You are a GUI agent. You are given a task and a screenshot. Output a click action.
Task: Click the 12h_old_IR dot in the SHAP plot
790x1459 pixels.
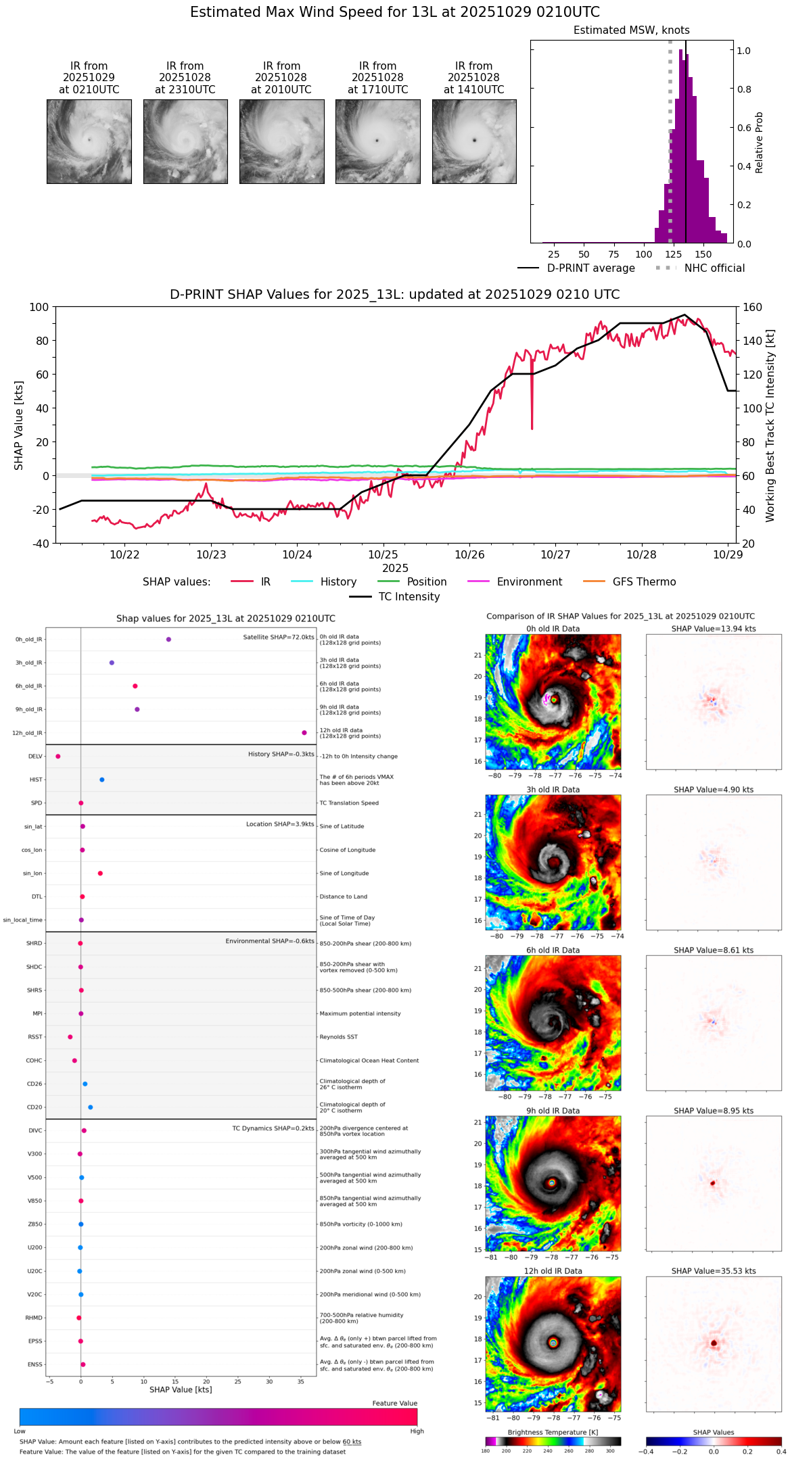pyautogui.click(x=304, y=732)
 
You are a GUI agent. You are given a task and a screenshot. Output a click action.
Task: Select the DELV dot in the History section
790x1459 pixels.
pyautogui.click(x=58, y=756)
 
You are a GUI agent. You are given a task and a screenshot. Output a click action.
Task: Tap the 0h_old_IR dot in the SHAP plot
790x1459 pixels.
pyautogui.click(x=168, y=639)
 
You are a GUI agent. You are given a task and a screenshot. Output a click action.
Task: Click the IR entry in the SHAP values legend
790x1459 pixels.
pyautogui.click(x=251, y=581)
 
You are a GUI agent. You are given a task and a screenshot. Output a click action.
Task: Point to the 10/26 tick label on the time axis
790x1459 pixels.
pyautogui.click(x=469, y=554)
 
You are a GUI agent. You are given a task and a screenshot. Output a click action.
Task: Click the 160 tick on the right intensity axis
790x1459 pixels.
pyautogui.click(x=753, y=307)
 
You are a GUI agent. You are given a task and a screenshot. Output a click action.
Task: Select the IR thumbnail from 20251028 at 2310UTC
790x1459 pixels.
pyautogui.click(x=185, y=141)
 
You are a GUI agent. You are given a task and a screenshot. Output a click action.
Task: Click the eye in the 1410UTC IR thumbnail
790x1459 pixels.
pyautogui.click(x=474, y=140)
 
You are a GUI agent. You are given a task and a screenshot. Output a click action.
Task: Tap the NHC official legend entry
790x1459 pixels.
pyautogui.click(x=700, y=268)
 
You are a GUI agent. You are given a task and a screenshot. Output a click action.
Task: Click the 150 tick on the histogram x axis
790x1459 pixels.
pyautogui.click(x=703, y=254)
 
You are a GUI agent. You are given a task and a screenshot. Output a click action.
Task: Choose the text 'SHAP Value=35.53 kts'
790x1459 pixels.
pyautogui.click(x=714, y=1270)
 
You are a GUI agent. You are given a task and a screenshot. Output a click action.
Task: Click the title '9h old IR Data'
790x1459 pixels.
pyautogui.click(x=553, y=1110)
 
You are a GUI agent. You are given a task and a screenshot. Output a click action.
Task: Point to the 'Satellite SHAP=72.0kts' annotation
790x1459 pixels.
pyautogui.click(x=279, y=637)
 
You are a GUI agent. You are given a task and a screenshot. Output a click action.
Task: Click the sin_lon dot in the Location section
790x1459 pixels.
pyautogui.click(x=100, y=873)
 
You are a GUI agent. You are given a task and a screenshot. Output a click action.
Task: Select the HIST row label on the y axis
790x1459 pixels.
pyautogui.click(x=36, y=780)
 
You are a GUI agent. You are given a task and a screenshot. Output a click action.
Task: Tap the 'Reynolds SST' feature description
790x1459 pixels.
pyautogui.click(x=338, y=1036)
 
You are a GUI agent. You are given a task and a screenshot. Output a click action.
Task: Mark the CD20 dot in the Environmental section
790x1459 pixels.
pyautogui.click(x=91, y=1107)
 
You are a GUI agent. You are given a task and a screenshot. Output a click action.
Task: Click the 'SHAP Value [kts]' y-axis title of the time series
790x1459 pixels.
pyautogui.click(x=19, y=425)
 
